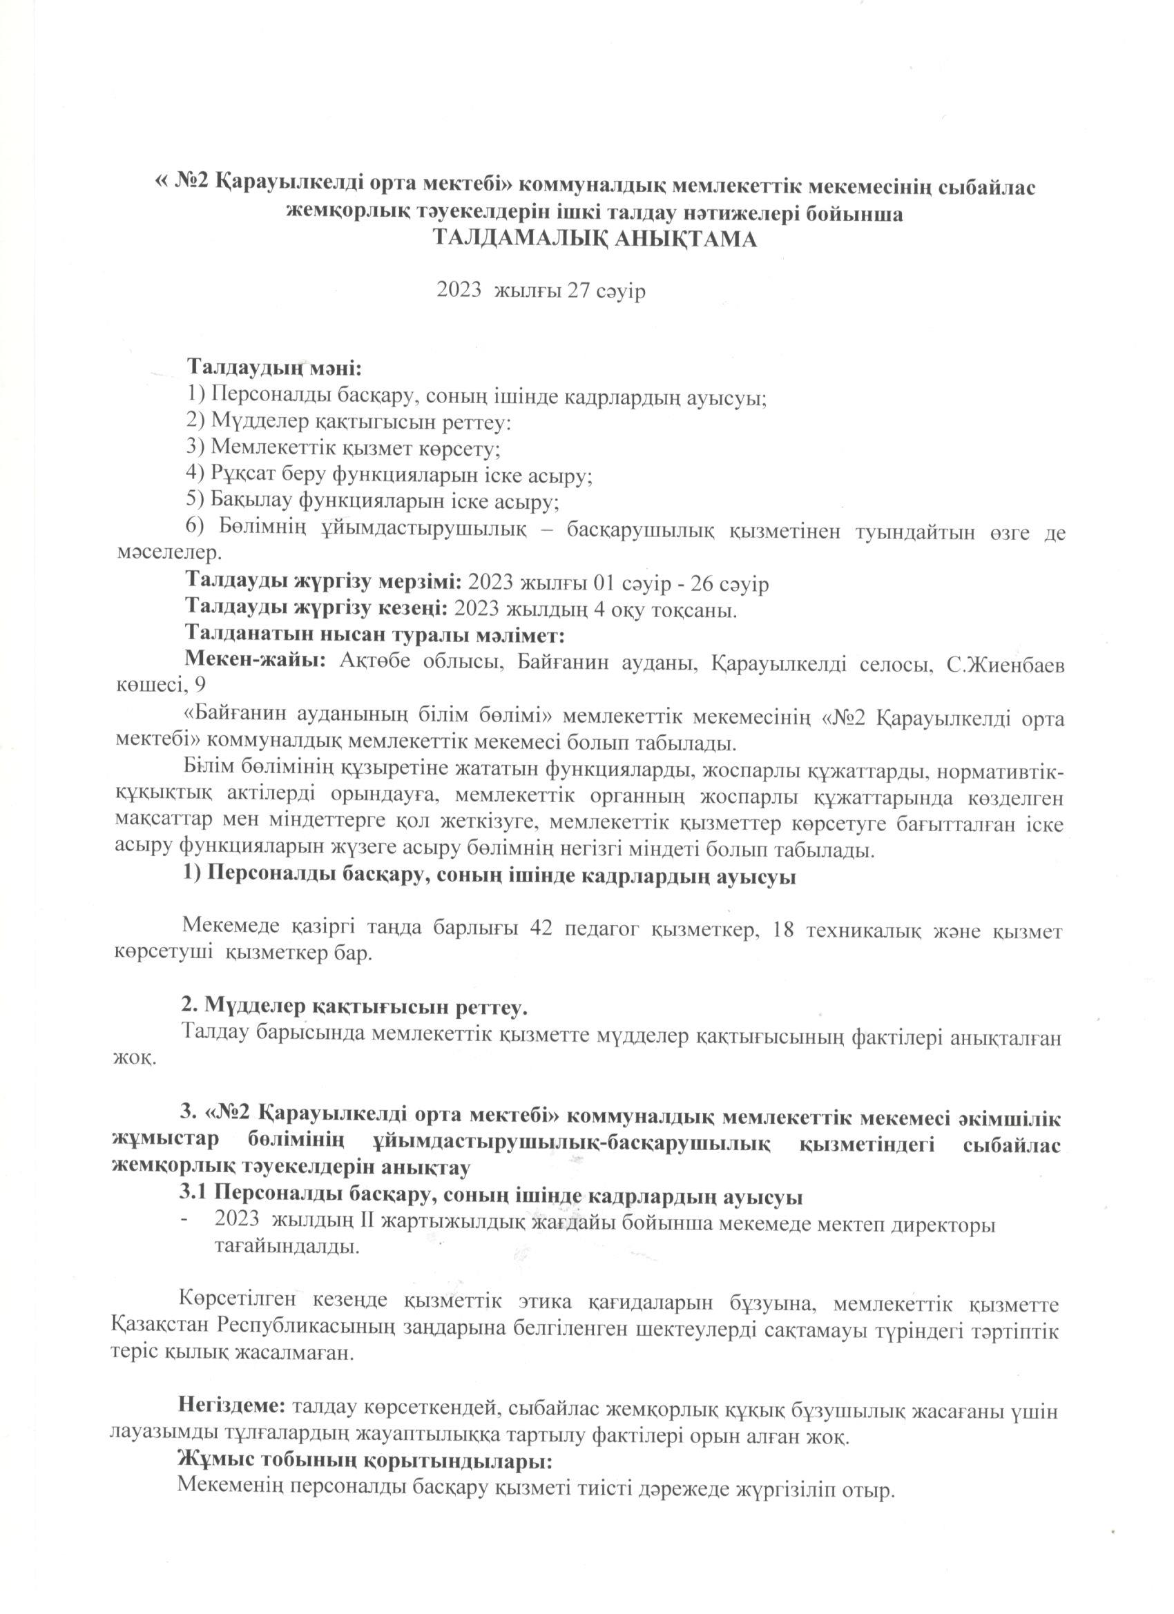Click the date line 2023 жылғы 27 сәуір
pos(541,291)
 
